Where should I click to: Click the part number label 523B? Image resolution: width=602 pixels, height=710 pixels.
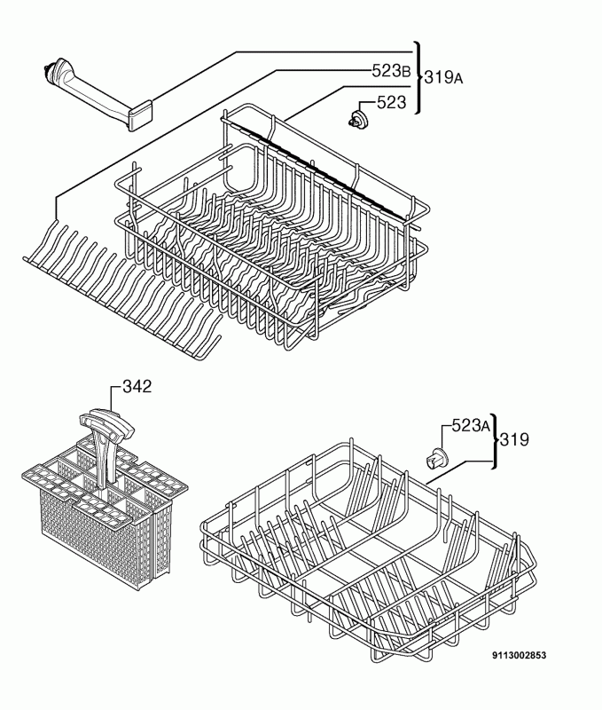pos(391,71)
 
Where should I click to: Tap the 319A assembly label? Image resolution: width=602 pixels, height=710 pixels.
pos(443,78)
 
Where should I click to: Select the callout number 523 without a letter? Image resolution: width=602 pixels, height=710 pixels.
pos(392,103)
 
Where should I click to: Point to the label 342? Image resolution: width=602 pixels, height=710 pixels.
pos(137,387)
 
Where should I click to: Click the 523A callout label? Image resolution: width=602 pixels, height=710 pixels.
pos(471,425)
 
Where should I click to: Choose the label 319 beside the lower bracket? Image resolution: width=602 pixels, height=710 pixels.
pos(514,439)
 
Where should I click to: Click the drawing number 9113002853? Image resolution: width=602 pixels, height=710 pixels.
pos(519,655)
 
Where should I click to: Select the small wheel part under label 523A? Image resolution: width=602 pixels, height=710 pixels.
pos(435,458)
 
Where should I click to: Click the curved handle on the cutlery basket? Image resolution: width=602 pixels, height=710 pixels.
pos(107,422)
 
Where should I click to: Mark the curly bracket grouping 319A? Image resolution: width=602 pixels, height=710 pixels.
pos(418,78)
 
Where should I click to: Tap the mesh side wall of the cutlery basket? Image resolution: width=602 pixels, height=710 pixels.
pos(90,539)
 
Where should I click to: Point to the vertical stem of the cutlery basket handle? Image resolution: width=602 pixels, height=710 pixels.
pos(102,458)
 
